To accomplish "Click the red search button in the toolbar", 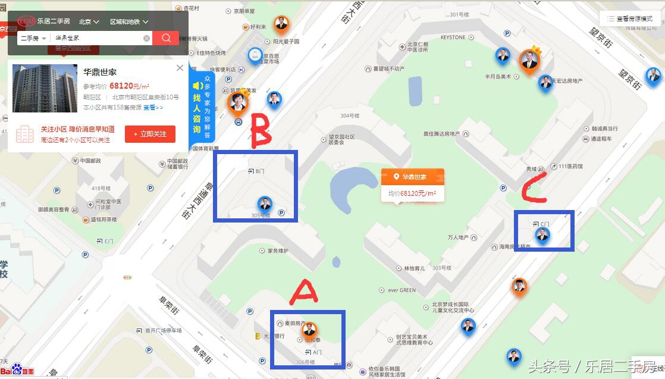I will click(x=166, y=38).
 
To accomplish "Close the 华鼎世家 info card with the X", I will click(x=180, y=68).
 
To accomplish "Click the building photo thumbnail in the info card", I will click(x=45, y=89).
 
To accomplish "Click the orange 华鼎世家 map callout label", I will click(x=412, y=177).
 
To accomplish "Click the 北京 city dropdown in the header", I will click(x=89, y=21).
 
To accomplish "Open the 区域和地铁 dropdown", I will click(x=128, y=21).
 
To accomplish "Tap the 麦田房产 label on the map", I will click(x=295, y=323).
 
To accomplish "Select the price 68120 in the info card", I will click(x=120, y=86).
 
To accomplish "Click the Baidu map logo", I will click(x=18, y=370).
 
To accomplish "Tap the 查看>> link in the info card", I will click(x=153, y=108).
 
